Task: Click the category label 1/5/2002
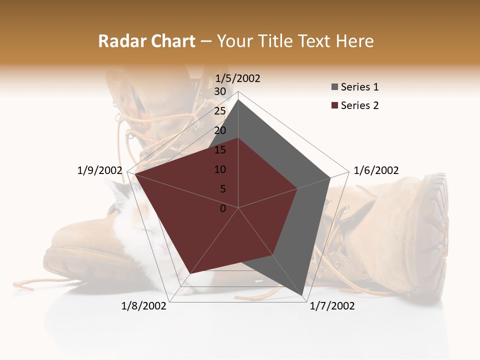pyautogui.click(x=237, y=78)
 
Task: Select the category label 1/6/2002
pyautogui.click(x=376, y=170)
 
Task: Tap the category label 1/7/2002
pyautogui.click(x=332, y=306)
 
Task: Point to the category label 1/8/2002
pyautogui.click(x=144, y=306)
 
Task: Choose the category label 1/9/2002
pyautogui.click(x=99, y=170)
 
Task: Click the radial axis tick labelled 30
pyautogui.click(x=220, y=91)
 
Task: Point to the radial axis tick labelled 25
pyautogui.click(x=220, y=111)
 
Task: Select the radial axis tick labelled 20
pyautogui.click(x=220, y=130)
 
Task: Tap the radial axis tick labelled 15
pyautogui.click(x=220, y=150)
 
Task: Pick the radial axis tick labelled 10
pyautogui.click(x=220, y=169)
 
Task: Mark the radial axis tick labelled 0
pyautogui.click(x=223, y=208)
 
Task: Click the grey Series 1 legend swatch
pyautogui.click(x=334, y=87)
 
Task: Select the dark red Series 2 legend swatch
pyautogui.click(x=334, y=105)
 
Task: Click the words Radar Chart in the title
pyautogui.click(x=146, y=41)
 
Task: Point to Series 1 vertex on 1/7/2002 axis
pyautogui.click(x=303, y=295)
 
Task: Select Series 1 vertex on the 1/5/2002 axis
pyautogui.click(x=238, y=100)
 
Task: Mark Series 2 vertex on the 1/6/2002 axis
pyautogui.click(x=297, y=188)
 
